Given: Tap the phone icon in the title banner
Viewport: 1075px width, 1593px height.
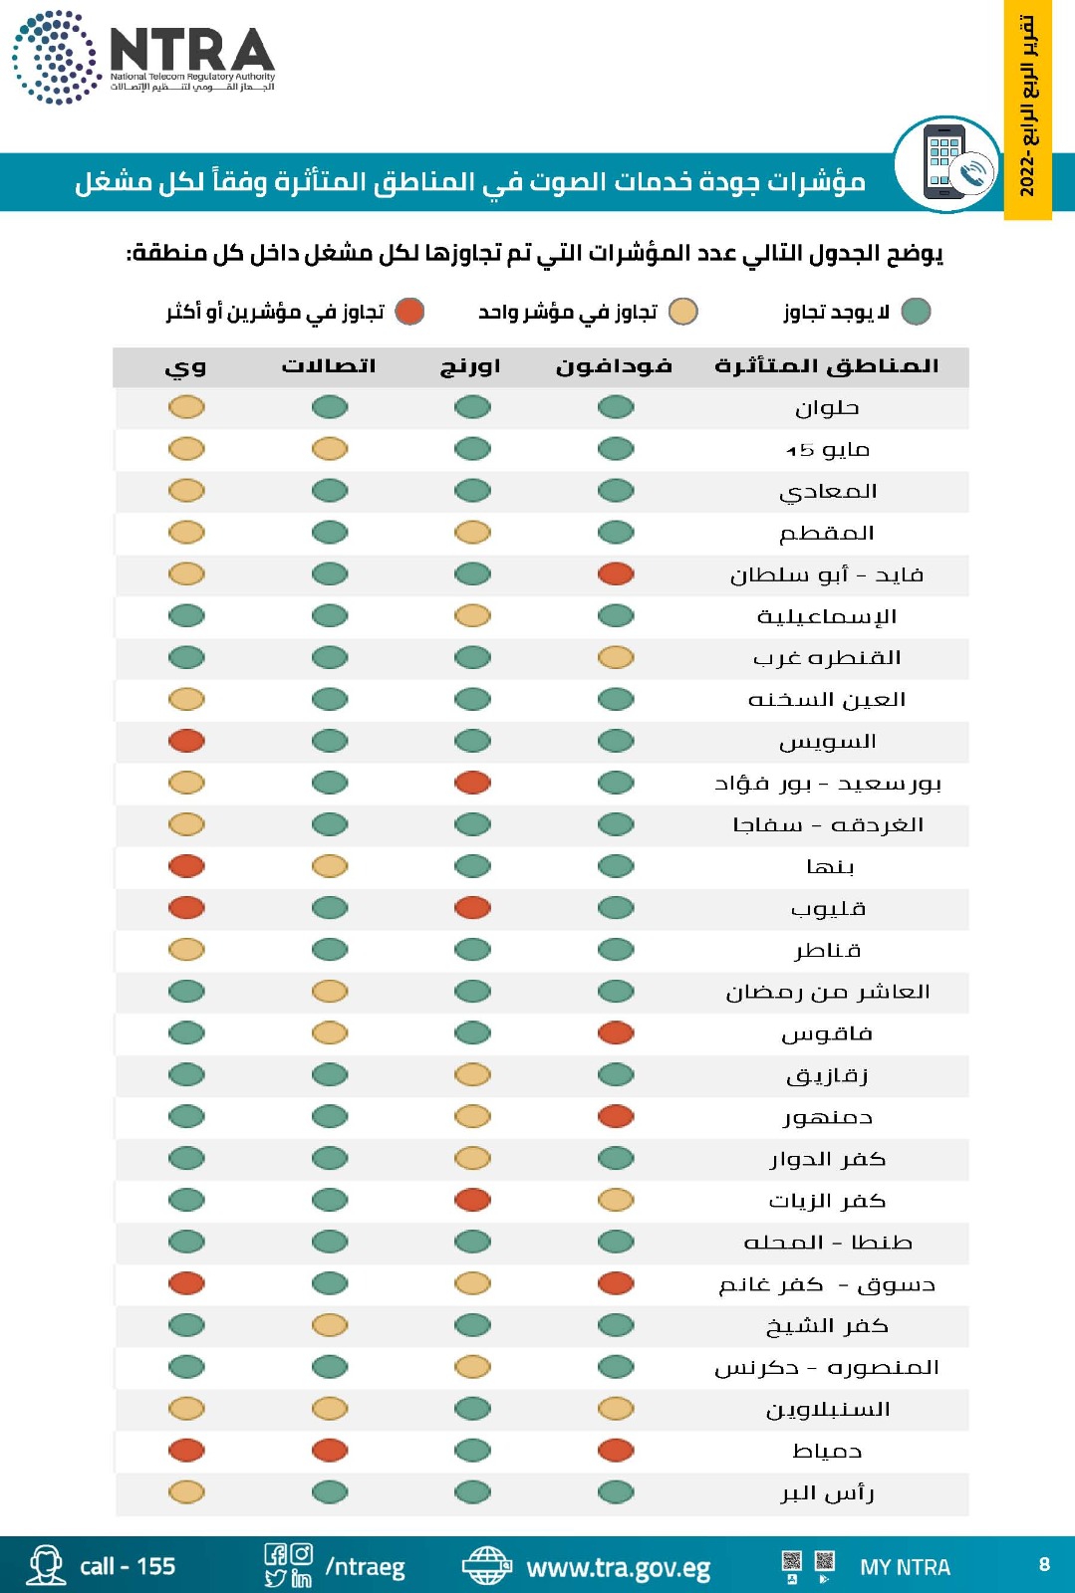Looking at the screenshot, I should pos(946,164).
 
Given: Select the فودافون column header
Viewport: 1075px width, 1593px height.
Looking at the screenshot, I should pos(614,366).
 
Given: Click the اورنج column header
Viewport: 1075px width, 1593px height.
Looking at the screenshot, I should pos(470,366).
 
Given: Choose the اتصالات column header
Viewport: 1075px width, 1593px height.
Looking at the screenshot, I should pos(329,366).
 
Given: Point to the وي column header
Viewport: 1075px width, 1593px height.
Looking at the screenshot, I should pos(185,367).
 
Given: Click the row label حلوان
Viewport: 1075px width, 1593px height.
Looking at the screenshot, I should pos(827,408).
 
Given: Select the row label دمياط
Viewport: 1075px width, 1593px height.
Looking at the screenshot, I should pos(827,1452).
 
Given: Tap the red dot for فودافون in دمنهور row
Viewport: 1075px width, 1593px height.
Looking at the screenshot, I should pos(616,1117).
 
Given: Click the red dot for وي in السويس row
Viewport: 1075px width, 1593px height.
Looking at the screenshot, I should pos(186,741).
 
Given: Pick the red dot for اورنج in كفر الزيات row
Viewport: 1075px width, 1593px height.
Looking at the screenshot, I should pos(472,1201).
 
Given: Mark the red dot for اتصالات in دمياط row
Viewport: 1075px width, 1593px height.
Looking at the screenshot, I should pos(330,1451).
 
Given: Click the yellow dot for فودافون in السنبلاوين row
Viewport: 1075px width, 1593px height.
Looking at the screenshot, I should pos(616,1409).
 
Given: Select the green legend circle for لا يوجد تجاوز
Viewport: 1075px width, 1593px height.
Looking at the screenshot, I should pos(916,312).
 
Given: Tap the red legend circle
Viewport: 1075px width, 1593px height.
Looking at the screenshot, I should pos(409,312).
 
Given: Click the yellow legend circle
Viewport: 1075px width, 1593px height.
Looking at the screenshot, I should pos(682,312).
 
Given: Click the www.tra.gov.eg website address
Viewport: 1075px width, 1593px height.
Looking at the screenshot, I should pos(618,1568).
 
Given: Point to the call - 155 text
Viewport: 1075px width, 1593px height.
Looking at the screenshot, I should pos(128,1567).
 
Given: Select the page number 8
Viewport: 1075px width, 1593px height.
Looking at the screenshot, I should pos(1044,1564).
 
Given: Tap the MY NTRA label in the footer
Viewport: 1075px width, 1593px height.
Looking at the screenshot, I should pos(905,1567).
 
